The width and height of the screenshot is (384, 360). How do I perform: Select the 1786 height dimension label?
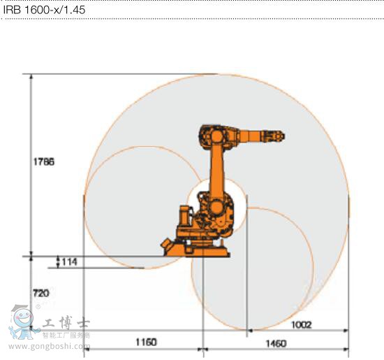pyautogui.click(x=43, y=161)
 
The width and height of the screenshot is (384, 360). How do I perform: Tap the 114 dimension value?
pyautogui.click(x=68, y=261)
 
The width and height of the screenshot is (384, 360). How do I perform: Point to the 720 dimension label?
pyautogui.click(x=41, y=293)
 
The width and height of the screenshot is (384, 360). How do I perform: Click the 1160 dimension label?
pyautogui.click(x=145, y=342)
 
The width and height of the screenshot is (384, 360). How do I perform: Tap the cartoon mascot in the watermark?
pyautogui.click(x=22, y=322)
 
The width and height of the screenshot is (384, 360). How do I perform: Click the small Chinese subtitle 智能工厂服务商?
pyautogui.click(x=66, y=336)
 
